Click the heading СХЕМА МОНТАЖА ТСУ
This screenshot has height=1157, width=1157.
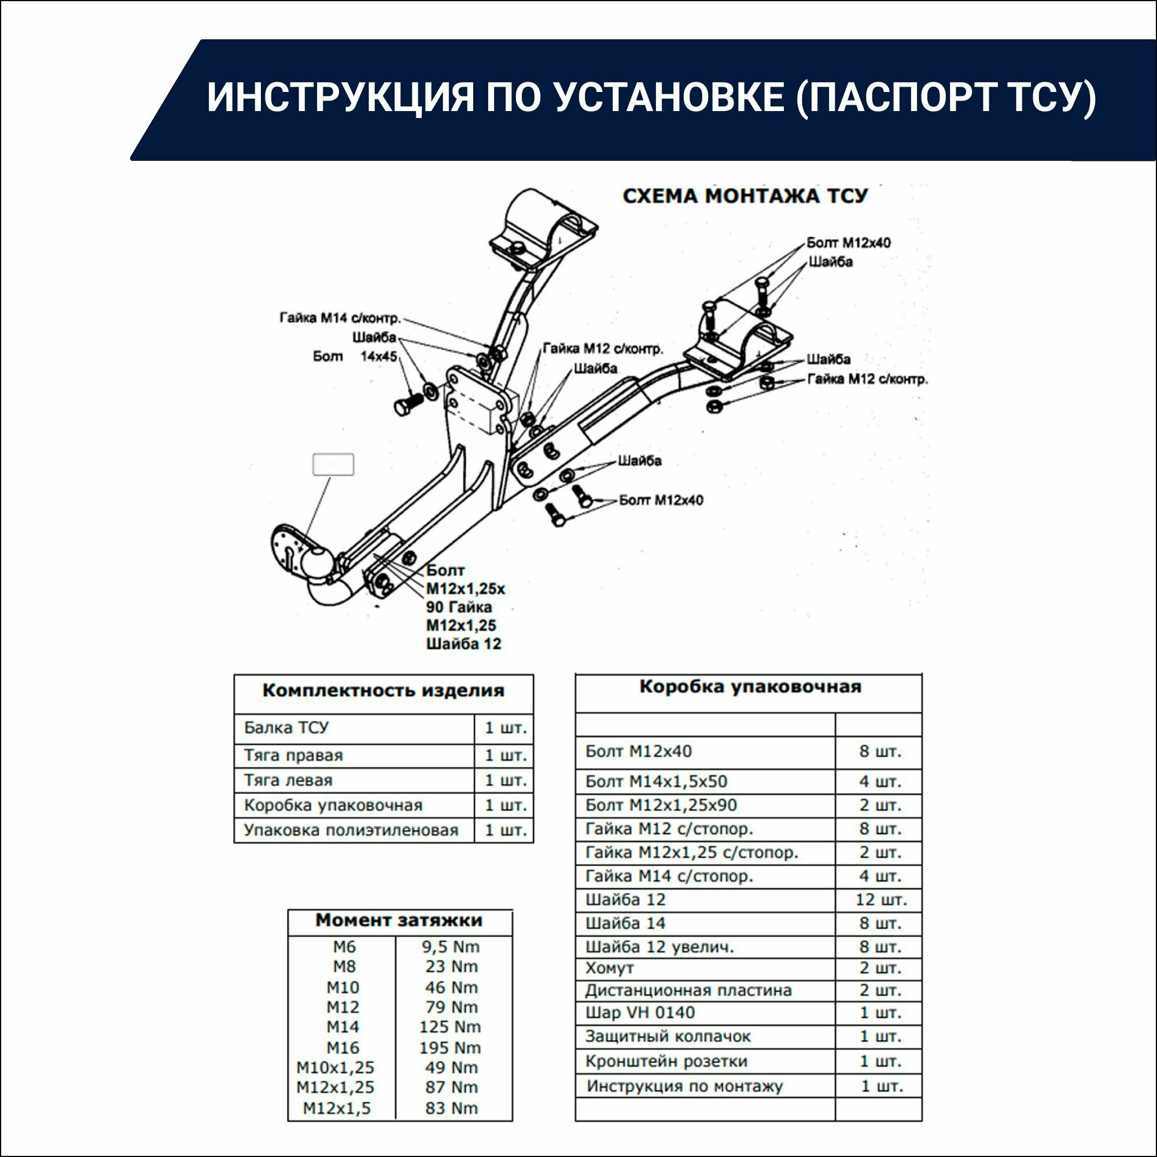(x=745, y=196)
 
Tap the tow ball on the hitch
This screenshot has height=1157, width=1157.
(x=316, y=562)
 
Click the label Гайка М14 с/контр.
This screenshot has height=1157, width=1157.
(x=340, y=318)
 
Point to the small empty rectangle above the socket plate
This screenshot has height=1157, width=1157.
(x=333, y=464)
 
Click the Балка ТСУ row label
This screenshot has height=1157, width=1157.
(x=286, y=728)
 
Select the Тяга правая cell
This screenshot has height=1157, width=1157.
(x=293, y=755)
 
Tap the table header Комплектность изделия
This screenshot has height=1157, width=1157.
(x=384, y=691)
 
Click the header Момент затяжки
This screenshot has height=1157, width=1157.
(x=399, y=920)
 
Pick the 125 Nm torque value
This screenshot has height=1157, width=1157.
(x=449, y=1026)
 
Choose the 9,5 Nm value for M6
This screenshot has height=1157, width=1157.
(x=450, y=947)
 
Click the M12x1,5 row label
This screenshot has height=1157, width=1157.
(x=337, y=1108)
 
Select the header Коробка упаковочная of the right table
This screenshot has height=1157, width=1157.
(x=750, y=686)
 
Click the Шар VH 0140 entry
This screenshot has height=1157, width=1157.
(x=640, y=1013)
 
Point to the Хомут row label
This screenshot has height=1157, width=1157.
(x=609, y=968)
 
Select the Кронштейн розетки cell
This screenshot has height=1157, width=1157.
(x=666, y=1061)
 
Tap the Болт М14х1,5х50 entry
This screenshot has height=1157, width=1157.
(x=656, y=782)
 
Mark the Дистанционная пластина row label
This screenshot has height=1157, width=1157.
(x=688, y=990)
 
